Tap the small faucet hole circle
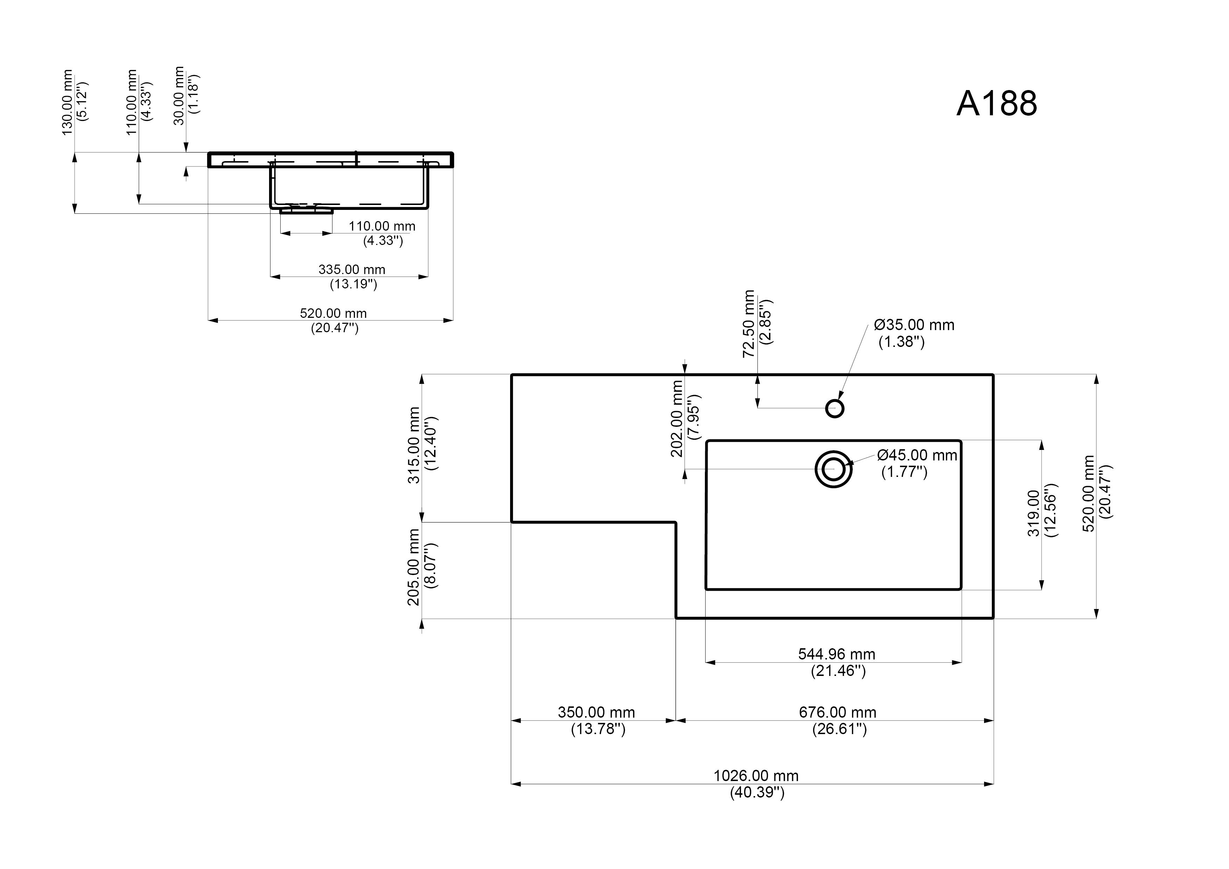pos(835,409)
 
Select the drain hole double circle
pos(833,470)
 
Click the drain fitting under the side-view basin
pos(306,211)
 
